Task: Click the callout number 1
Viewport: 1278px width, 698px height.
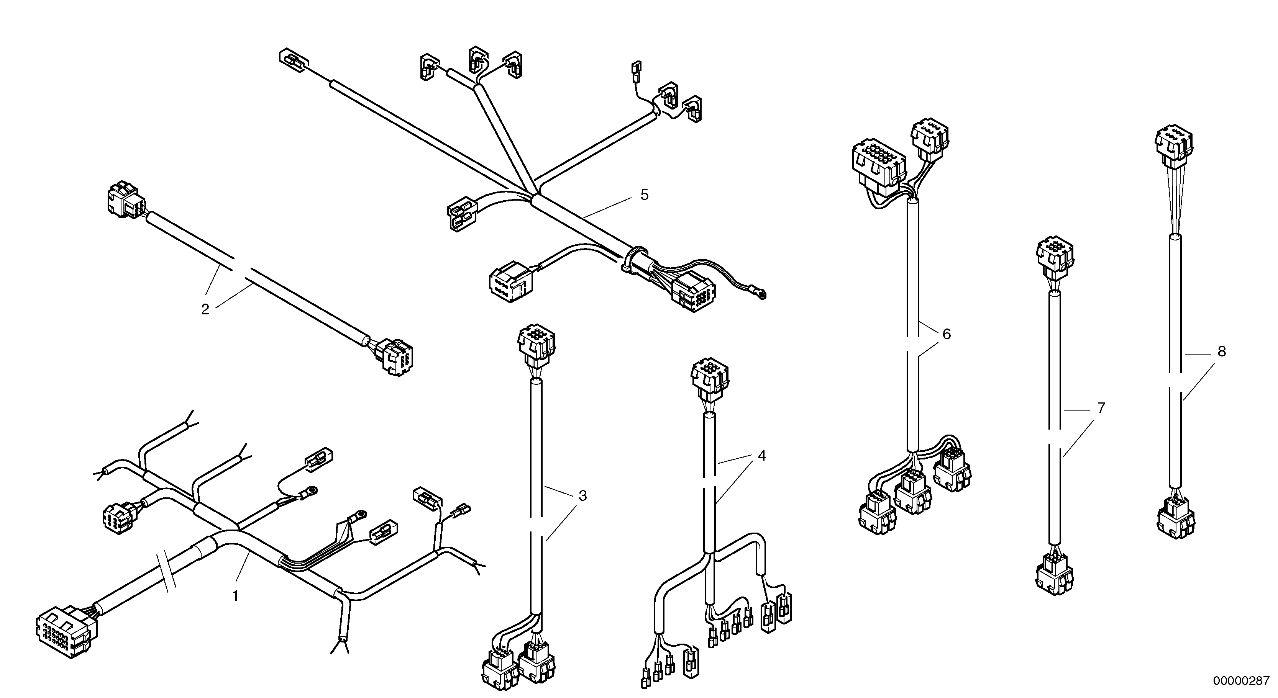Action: click(x=236, y=596)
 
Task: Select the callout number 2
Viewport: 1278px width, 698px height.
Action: click(x=205, y=310)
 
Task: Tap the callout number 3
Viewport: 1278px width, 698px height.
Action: click(x=582, y=496)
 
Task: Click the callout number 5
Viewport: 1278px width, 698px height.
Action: click(x=644, y=195)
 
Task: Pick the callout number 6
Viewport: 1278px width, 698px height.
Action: click(x=947, y=334)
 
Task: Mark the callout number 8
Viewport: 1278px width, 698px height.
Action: click(x=1221, y=351)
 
